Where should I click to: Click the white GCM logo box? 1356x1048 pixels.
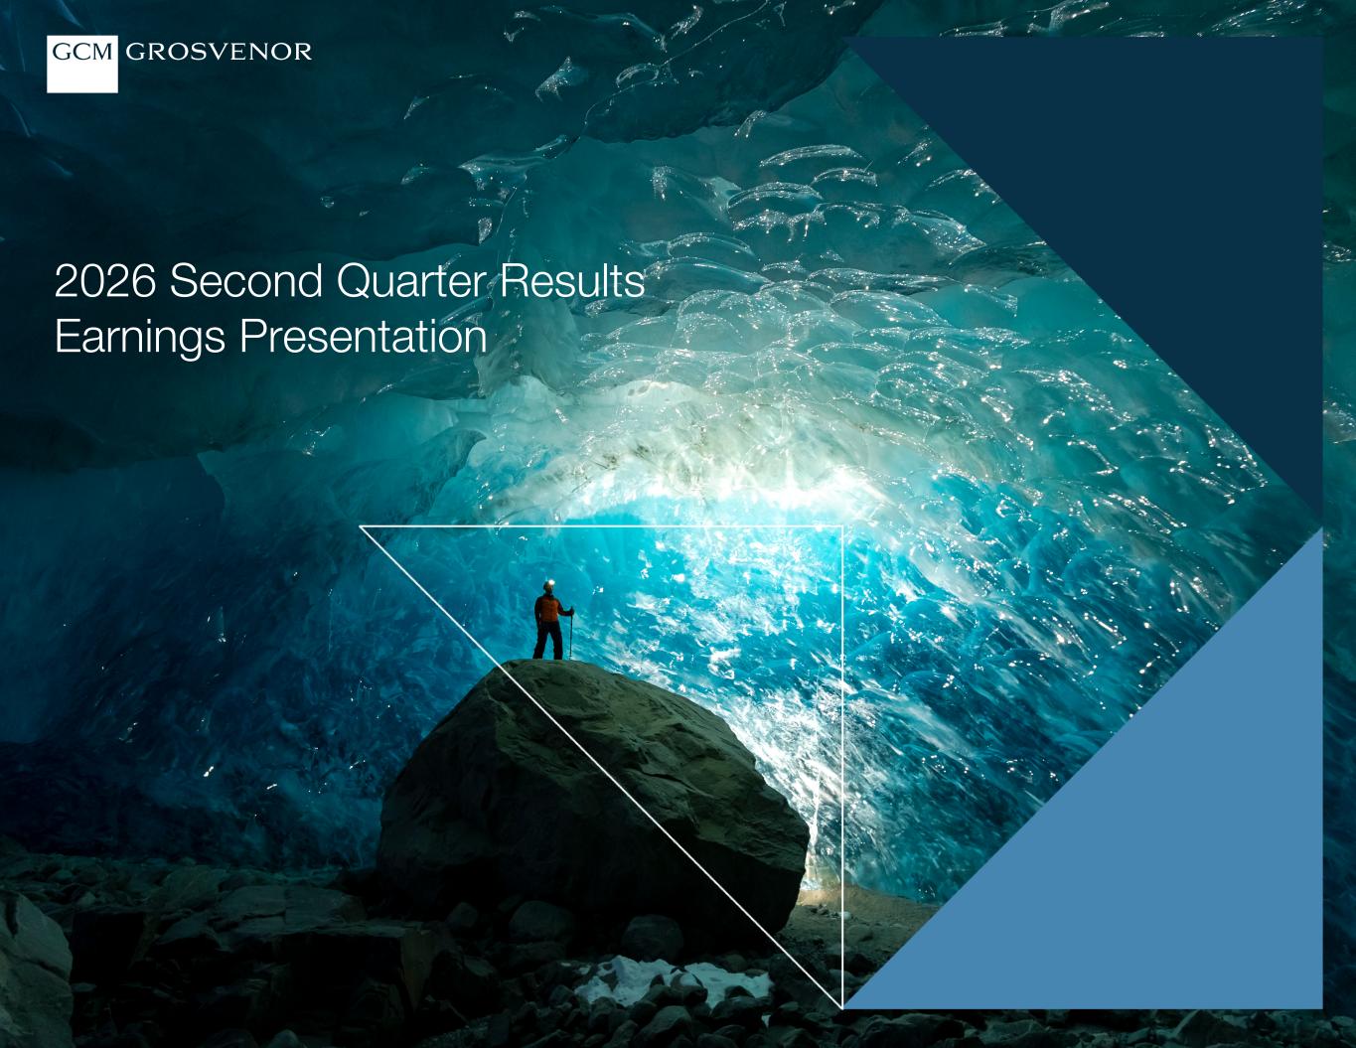(x=81, y=65)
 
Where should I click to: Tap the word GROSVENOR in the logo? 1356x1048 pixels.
(x=219, y=52)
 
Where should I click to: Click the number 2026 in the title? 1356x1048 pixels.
(x=105, y=281)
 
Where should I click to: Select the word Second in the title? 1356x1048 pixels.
(x=245, y=281)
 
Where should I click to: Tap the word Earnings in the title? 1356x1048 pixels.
(x=140, y=338)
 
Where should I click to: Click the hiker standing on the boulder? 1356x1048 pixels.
(x=551, y=620)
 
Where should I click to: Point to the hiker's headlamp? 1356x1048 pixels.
(x=548, y=584)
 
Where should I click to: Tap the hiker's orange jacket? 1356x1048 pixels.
(x=548, y=608)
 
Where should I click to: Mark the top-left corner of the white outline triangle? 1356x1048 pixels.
(x=360, y=526)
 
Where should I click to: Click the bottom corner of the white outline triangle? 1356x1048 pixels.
(x=842, y=1007)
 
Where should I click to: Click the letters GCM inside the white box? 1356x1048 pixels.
(x=81, y=52)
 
